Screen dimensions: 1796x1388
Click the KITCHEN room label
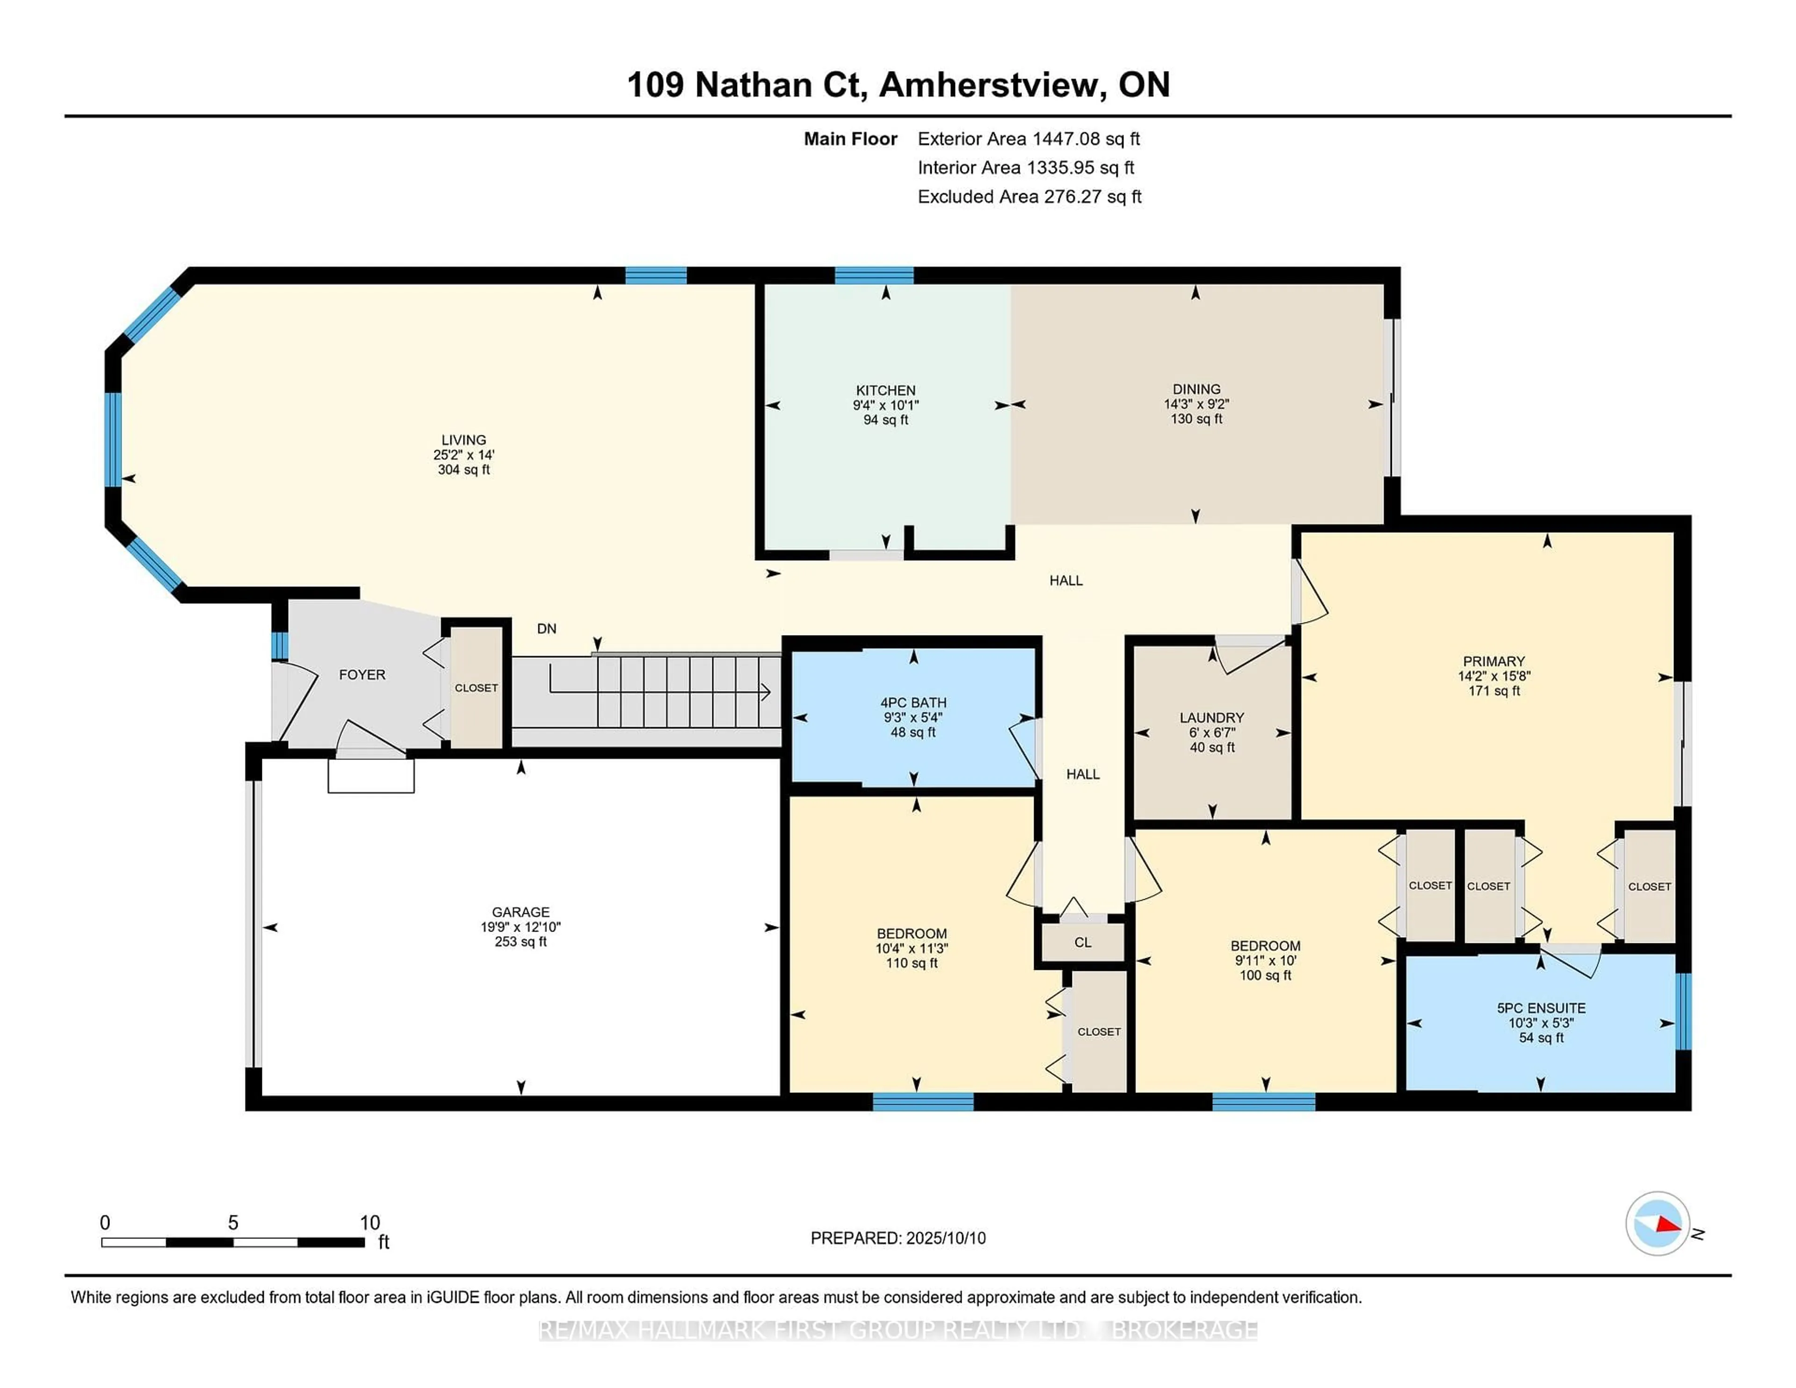886,390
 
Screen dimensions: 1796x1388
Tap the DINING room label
1196,389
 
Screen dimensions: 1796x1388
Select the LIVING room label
464,440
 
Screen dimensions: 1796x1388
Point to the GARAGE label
521,912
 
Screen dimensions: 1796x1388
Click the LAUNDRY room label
1212,718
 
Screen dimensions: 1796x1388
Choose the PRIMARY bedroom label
1494,661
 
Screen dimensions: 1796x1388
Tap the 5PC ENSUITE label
1541,1008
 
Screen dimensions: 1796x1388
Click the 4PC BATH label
913,703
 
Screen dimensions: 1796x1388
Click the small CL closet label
1083,942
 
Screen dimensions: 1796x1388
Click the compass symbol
1657,1223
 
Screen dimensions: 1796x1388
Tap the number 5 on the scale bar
233,1223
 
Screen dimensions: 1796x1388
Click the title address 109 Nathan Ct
746,85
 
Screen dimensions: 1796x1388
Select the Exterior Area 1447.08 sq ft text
1029,139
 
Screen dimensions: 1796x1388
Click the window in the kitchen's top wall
874,275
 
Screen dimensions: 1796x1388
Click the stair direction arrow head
766,692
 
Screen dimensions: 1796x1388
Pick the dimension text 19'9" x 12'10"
521,927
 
